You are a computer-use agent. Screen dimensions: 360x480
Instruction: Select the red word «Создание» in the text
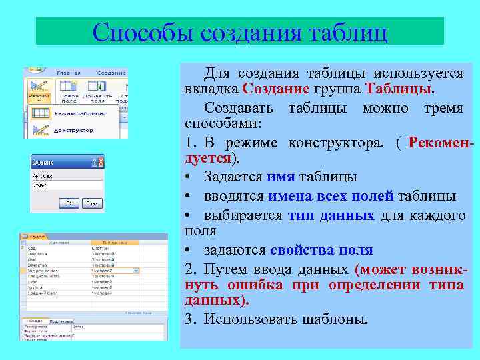tap(276, 89)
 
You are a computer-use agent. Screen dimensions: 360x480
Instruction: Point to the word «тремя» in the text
tap(443, 108)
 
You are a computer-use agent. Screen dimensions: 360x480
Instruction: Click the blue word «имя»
tap(279, 177)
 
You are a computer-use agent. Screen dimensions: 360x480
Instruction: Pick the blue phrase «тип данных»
tap(331, 215)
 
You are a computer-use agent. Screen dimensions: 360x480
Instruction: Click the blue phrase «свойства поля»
tap(321, 250)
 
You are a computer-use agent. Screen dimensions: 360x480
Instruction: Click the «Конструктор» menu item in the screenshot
tap(73, 130)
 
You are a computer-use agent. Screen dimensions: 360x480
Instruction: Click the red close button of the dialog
tap(101, 161)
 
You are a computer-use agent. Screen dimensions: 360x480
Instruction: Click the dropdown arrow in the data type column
tap(136, 271)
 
